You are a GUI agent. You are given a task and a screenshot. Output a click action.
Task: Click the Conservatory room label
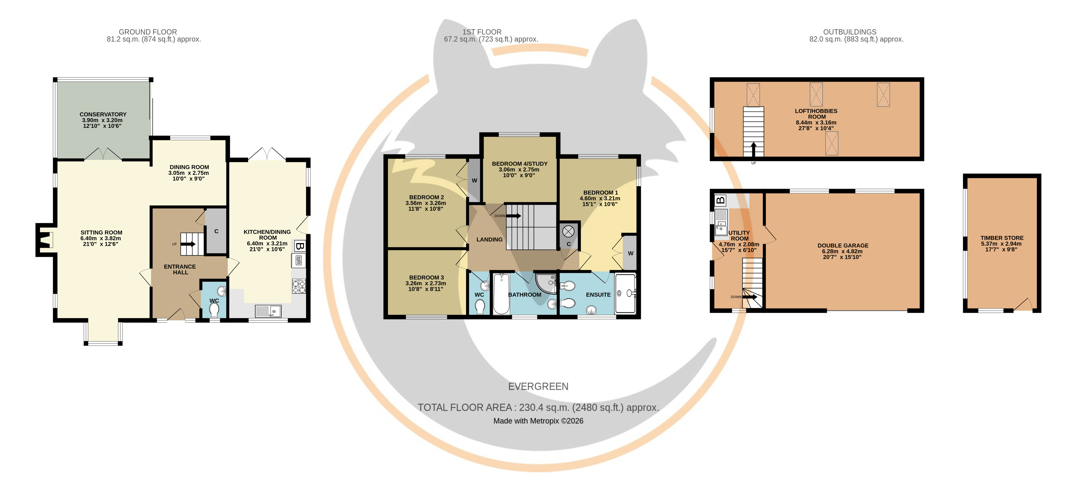(103, 114)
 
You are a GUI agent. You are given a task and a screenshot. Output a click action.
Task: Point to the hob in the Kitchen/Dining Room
(299, 286)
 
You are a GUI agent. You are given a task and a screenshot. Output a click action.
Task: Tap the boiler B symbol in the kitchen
(299, 246)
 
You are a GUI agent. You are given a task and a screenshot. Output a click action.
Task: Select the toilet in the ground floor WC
(214, 310)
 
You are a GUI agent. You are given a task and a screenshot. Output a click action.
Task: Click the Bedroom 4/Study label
(519, 163)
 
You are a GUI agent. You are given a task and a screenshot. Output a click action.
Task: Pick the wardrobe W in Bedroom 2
(474, 180)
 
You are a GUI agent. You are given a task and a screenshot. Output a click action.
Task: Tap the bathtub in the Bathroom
(501, 294)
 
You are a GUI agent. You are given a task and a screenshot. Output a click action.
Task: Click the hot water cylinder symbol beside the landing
(568, 231)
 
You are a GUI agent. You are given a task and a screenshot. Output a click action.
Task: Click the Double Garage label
(843, 245)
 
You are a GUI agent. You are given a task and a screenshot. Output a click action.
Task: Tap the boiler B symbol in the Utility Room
(720, 200)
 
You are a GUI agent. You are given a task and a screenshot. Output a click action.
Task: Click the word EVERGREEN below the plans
(538, 387)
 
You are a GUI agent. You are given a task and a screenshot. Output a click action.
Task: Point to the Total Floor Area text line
(538, 407)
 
